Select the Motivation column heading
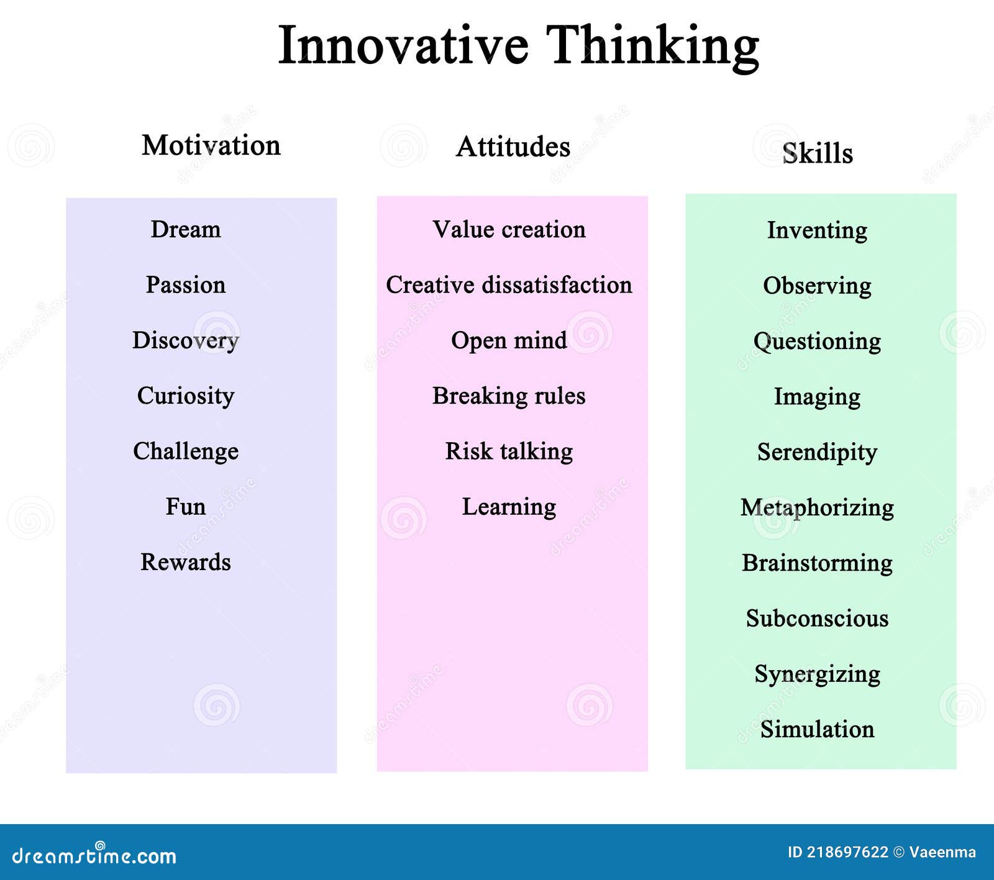[x=211, y=145]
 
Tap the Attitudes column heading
[x=513, y=147]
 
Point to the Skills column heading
[x=817, y=153]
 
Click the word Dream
[x=186, y=229]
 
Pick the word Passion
[x=186, y=284]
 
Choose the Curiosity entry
[x=186, y=396]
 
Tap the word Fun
[x=186, y=506]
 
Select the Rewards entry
[x=186, y=562]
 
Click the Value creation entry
[x=509, y=229]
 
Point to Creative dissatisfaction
[x=509, y=284]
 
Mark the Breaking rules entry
[x=509, y=396]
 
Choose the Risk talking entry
[x=509, y=451]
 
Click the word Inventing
[x=817, y=230]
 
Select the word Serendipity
[x=817, y=452]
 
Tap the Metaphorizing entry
[x=817, y=507]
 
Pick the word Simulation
[x=817, y=729]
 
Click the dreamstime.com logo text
[x=94, y=856]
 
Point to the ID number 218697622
[x=847, y=852]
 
